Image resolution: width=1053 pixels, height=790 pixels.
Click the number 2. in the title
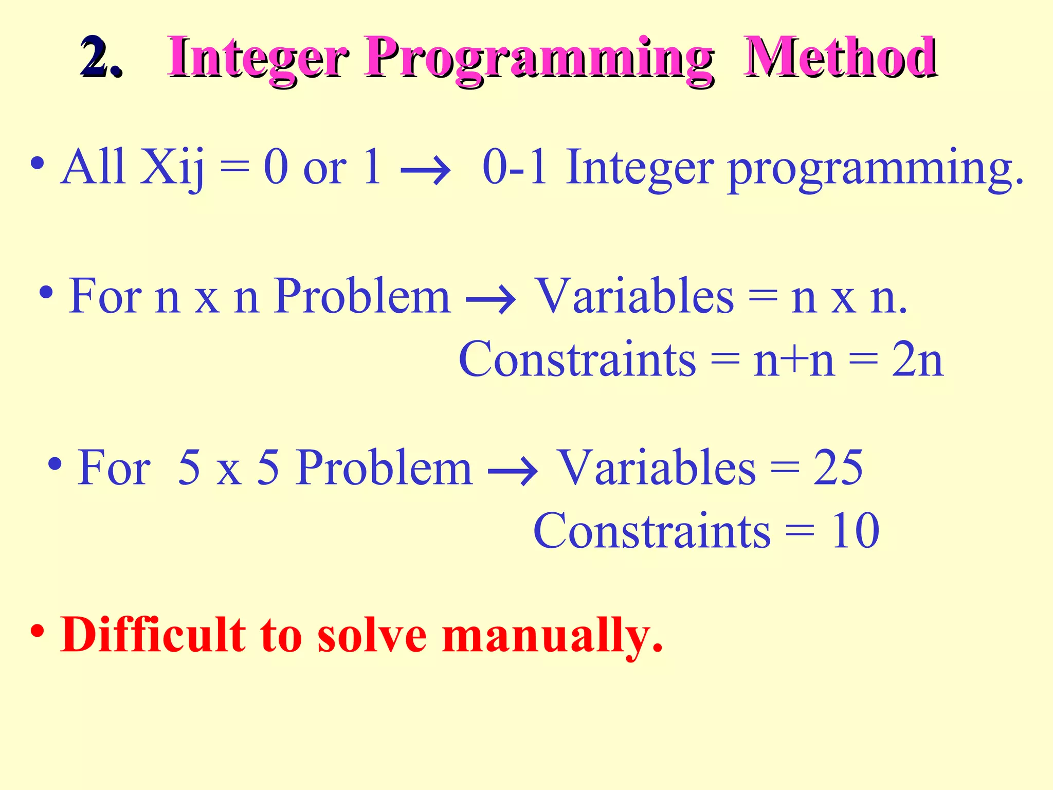[101, 58]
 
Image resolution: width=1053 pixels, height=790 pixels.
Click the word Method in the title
[841, 58]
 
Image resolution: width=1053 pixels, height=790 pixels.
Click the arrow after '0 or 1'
[425, 170]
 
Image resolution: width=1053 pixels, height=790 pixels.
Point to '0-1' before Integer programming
[515, 167]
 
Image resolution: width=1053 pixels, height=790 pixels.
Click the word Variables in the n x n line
[635, 296]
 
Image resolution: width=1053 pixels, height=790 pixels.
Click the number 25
[838, 468]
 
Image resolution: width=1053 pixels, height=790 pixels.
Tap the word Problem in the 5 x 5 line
[384, 468]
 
